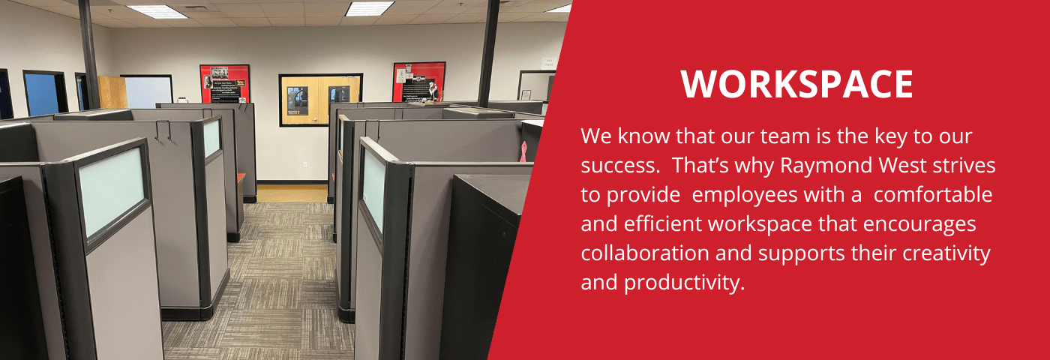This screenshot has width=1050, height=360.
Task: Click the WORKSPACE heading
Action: point(796,84)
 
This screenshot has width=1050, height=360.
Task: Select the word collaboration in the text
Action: point(645,253)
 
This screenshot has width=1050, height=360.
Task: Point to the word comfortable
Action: point(933,194)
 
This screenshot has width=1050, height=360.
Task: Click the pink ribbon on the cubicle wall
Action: point(523,151)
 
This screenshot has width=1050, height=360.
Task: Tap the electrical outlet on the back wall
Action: point(304,164)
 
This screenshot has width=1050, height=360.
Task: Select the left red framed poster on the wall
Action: point(224,84)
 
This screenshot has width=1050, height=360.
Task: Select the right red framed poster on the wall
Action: point(418,82)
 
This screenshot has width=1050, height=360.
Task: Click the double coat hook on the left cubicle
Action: point(163,130)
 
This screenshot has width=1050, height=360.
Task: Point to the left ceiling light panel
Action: point(157,12)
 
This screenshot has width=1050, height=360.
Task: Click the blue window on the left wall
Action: point(42,94)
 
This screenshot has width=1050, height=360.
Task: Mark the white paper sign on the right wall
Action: point(549,62)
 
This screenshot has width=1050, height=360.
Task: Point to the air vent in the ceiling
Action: point(196,7)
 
